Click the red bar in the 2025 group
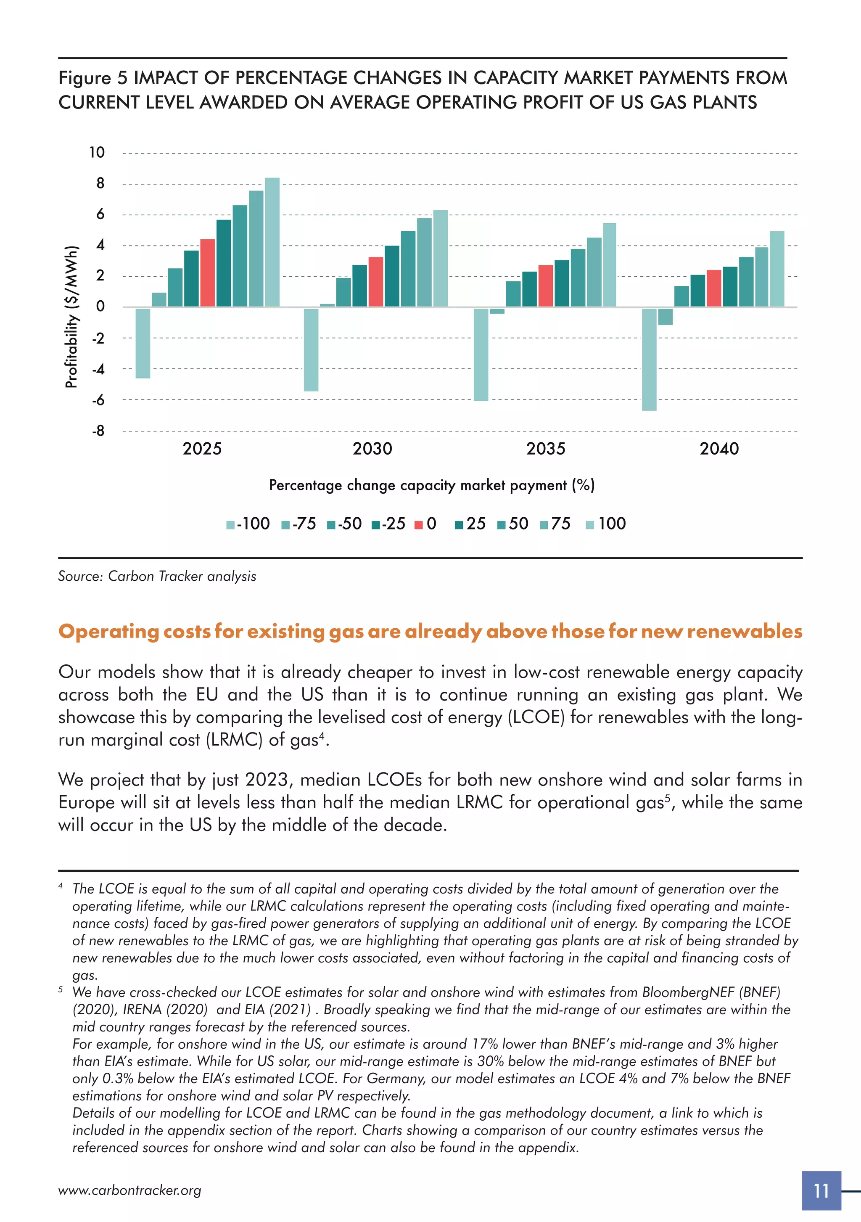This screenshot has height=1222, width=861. tap(208, 273)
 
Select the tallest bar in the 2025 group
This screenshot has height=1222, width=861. tap(272, 242)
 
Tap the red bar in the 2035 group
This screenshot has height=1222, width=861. tap(545, 286)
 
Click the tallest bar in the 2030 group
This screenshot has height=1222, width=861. tap(440, 259)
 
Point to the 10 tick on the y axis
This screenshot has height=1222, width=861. tap(97, 153)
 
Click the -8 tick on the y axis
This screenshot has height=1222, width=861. tap(98, 431)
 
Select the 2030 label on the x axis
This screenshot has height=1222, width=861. tap(372, 449)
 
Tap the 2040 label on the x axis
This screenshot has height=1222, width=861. tap(719, 449)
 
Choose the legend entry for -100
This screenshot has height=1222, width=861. tap(248, 524)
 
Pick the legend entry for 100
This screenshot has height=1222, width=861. tap(606, 524)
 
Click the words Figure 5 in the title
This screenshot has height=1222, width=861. tap(92, 78)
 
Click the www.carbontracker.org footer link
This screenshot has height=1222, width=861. tap(129, 1190)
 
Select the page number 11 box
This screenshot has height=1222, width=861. tap(821, 1190)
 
